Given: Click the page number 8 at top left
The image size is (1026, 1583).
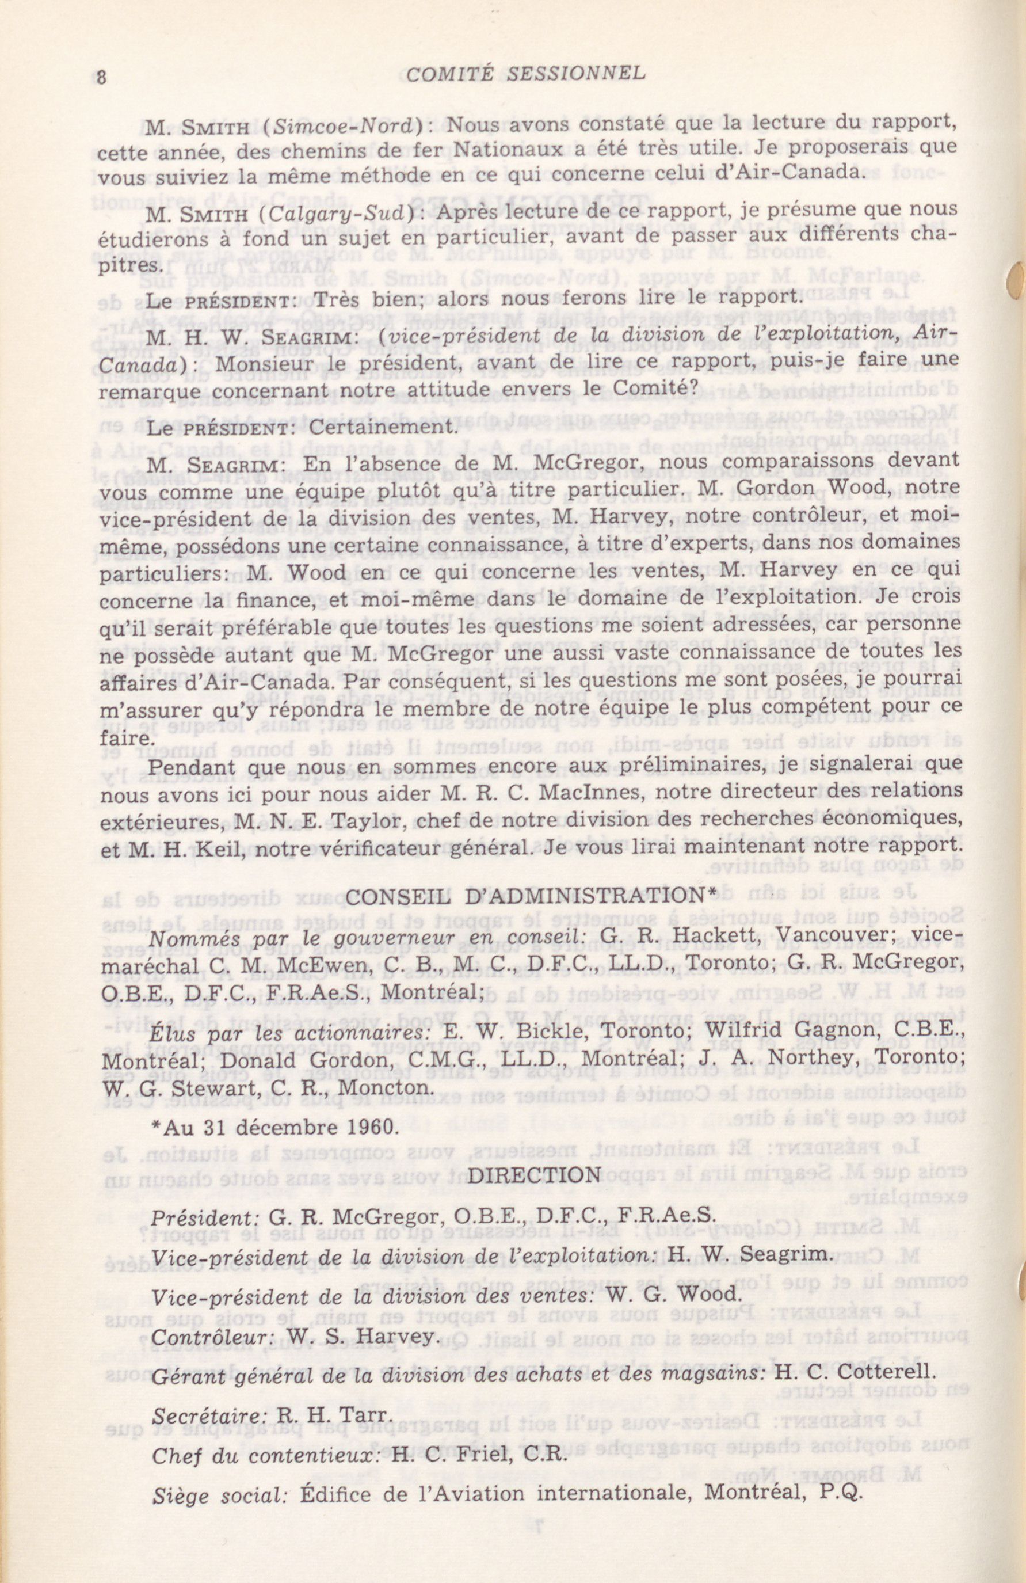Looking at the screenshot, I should pyautogui.click(x=102, y=77).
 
